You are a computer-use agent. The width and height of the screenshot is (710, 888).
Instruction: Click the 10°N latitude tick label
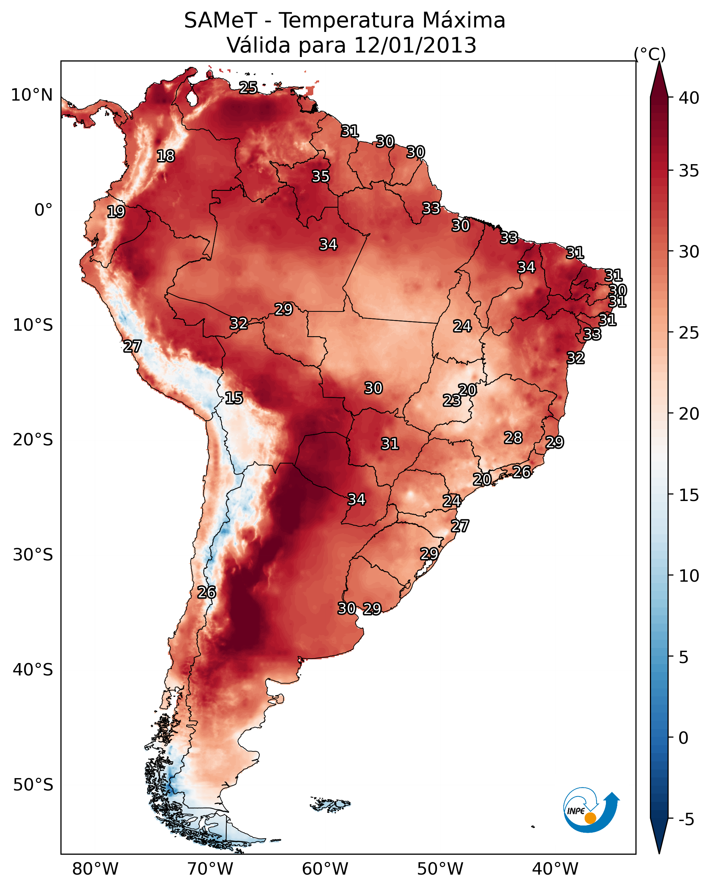[x=32, y=95]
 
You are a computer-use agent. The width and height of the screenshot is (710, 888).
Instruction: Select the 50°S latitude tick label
[x=33, y=785]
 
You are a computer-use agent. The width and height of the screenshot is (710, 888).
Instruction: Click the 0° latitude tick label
[x=43, y=210]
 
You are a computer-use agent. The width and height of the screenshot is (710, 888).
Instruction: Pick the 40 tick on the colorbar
[x=689, y=98]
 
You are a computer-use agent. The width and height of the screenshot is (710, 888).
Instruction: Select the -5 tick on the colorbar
[x=686, y=820]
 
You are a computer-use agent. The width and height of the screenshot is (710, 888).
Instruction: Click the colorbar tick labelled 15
[x=689, y=496]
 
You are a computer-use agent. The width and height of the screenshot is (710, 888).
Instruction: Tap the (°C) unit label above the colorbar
[x=650, y=54]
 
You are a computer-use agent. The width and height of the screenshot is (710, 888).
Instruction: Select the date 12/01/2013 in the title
[x=415, y=45]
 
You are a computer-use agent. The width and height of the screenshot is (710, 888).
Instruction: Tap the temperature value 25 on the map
[x=248, y=88]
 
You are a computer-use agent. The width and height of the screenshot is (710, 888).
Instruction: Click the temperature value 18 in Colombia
[x=166, y=156]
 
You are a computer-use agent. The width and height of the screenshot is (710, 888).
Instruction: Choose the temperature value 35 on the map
[x=320, y=176]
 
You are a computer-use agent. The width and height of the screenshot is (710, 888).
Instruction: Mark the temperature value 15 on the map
[x=234, y=398]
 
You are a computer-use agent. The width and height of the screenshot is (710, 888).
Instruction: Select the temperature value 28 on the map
[x=513, y=437]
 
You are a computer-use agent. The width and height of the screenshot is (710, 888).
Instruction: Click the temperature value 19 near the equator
[x=116, y=212]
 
